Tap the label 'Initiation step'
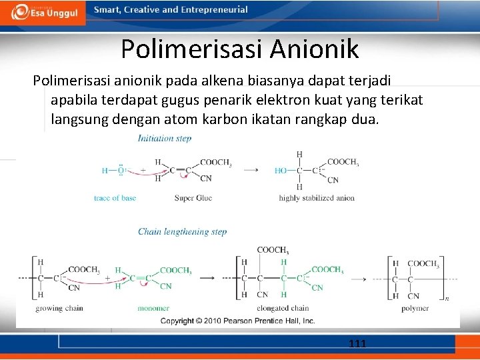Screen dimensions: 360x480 point(165,139)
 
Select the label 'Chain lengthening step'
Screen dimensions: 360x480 point(182,232)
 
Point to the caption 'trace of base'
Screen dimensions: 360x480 point(115,198)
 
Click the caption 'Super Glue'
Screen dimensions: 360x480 point(193,198)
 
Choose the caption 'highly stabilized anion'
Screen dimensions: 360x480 point(317,198)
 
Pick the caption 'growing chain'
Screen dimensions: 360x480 point(59,308)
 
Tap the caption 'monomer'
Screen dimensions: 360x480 point(153,308)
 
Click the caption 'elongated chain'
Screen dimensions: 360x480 point(283,308)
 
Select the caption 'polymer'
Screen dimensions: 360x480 point(415,308)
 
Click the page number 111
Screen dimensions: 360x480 point(357,344)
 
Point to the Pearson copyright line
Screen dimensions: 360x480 point(237,321)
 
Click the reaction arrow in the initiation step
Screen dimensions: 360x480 point(251,170)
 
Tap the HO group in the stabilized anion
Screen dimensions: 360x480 point(281,171)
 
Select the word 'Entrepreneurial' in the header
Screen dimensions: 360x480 point(214,10)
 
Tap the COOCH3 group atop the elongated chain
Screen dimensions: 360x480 point(273,250)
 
